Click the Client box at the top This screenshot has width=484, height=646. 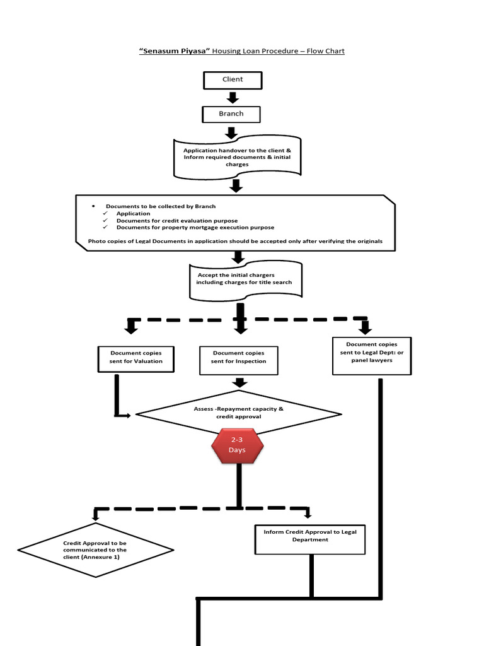(x=232, y=80)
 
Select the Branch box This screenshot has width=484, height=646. (x=231, y=114)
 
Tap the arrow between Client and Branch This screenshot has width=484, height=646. (x=232, y=97)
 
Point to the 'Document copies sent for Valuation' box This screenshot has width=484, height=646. (x=136, y=358)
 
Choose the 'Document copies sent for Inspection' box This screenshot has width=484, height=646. (x=239, y=358)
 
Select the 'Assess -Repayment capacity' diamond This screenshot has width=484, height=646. (x=239, y=413)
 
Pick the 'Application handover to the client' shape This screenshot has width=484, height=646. (x=237, y=157)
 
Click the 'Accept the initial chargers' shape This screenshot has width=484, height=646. (x=245, y=279)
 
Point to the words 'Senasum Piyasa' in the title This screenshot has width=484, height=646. (x=175, y=50)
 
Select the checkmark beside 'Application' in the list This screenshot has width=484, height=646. (x=106, y=214)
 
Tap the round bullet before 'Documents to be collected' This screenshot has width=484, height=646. (x=93, y=206)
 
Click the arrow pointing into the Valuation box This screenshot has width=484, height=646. (x=131, y=327)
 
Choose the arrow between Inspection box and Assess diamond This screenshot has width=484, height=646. (x=239, y=382)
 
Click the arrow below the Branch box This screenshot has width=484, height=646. (x=231, y=132)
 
